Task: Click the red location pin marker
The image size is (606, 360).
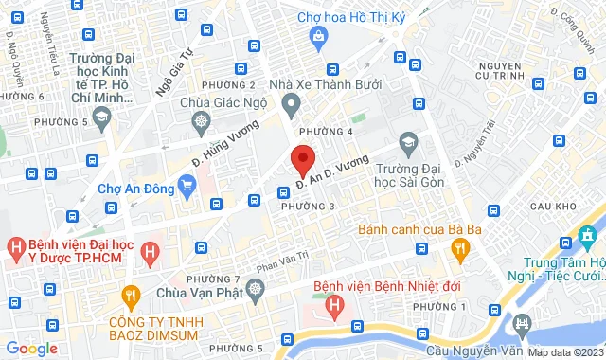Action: click(302, 158)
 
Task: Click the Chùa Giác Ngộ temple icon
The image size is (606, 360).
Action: click(202, 122)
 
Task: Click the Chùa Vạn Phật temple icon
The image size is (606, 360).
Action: click(254, 288)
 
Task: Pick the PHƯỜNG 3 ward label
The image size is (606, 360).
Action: click(309, 206)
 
